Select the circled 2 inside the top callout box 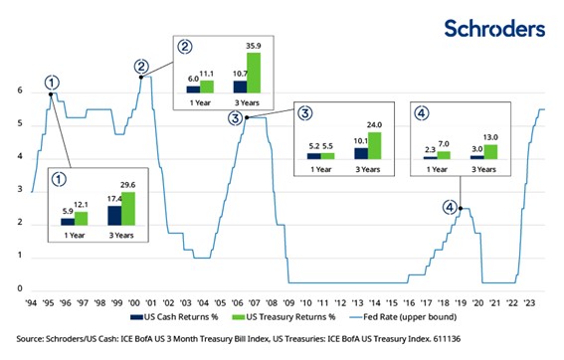185,46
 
